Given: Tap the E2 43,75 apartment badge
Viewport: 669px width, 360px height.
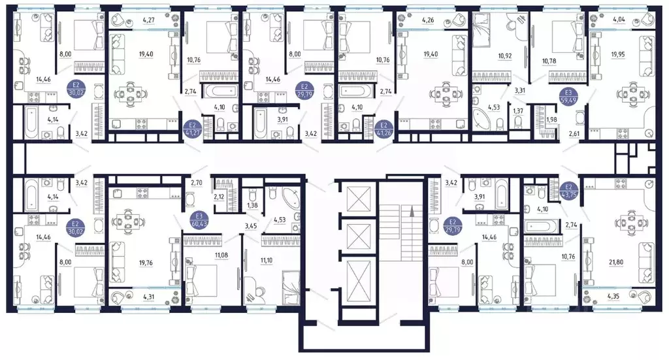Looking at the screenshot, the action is (x=568, y=190).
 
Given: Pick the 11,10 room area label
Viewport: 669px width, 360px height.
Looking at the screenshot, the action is (x=266, y=260).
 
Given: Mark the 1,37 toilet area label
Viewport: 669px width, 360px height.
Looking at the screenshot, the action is (x=518, y=111).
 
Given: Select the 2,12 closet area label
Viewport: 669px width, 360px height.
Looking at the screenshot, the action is (x=220, y=197).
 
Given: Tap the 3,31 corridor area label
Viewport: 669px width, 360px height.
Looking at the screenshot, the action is (x=519, y=90).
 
